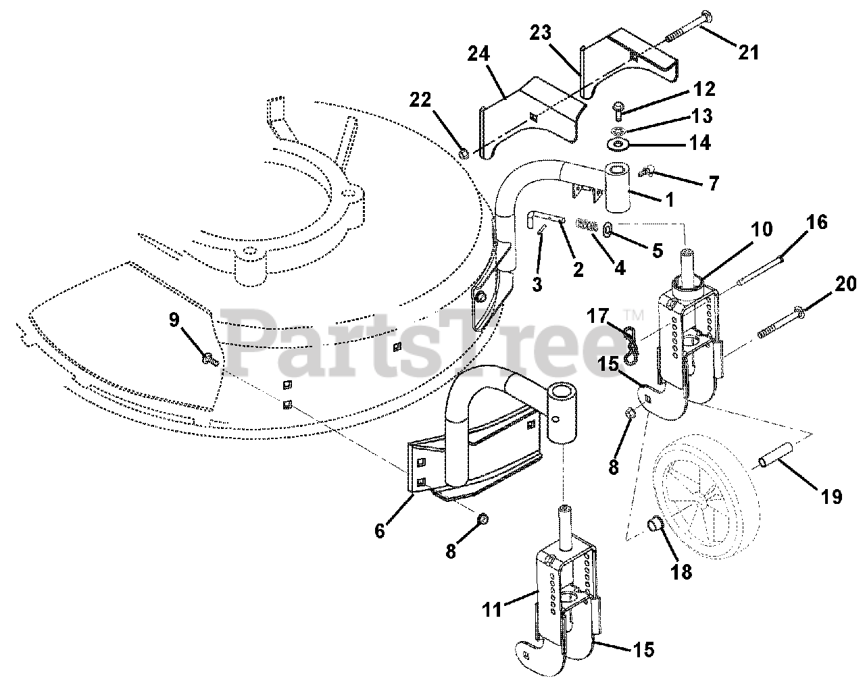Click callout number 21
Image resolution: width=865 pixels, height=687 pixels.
coord(748,51)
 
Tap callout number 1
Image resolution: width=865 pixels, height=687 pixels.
coord(669,200)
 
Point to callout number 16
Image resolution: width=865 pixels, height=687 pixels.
coord(817,222)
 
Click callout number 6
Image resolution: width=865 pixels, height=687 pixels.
coord(380,531)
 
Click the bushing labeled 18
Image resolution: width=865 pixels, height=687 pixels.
coord(655,524)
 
